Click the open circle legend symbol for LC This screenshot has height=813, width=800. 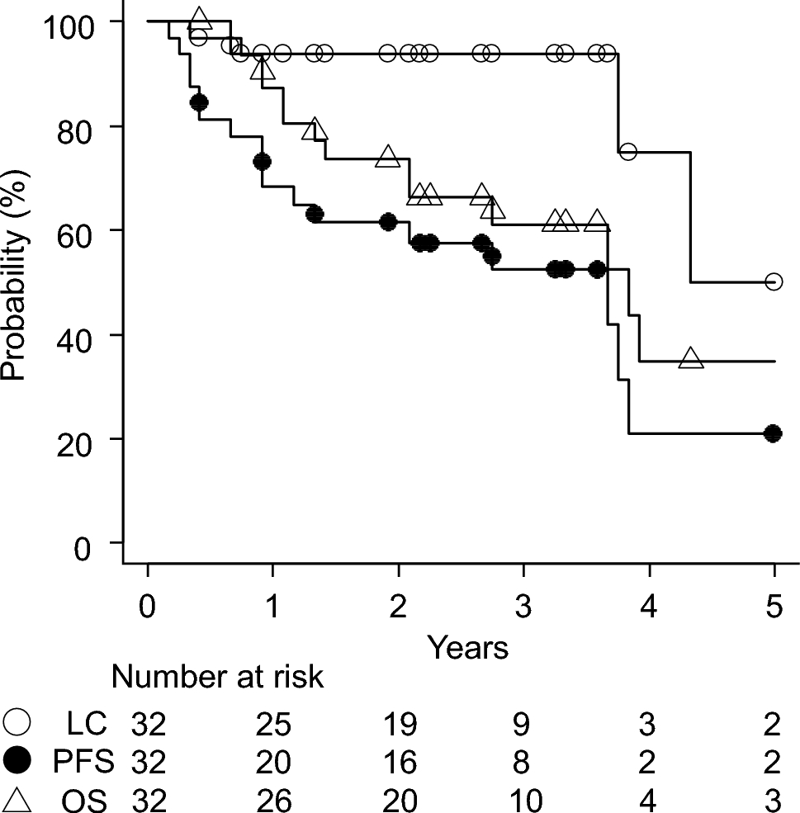pos(18,723)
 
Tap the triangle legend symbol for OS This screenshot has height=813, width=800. pos(18,799)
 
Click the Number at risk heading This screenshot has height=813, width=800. pos(217,678)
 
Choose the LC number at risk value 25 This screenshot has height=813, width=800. pos(273,724)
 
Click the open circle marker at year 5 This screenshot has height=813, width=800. pos(774,281)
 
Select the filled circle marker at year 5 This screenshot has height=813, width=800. pos(773,433)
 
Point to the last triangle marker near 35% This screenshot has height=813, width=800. pos(691,358)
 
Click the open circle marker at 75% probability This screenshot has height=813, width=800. pos(627,152)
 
